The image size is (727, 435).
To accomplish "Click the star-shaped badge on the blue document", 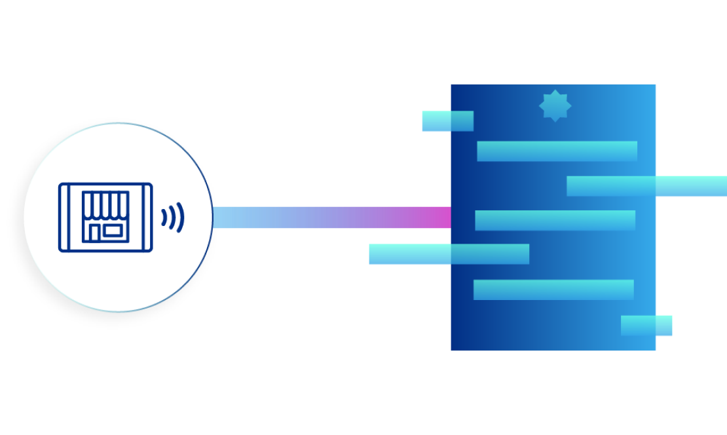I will tap(555, 105).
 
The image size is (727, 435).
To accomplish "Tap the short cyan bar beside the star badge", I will tap(447, 121).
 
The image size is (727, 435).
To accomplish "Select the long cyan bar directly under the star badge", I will tap(557, 151).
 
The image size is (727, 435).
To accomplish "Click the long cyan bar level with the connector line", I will tap(555, 221).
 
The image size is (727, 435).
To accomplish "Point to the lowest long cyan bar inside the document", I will tap(553, 290).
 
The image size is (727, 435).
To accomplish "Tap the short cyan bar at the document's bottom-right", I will tap(646, 326).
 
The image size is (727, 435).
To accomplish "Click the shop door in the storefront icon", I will tap(94, 233).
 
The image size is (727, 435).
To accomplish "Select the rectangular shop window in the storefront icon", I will tap(112, 230).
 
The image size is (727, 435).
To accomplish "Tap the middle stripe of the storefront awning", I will tap(105, 204).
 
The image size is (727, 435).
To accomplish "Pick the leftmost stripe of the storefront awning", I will tap(88, 204).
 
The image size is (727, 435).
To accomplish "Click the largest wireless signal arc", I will tap(180, 217).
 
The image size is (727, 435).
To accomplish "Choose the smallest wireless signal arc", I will tap(164, 217).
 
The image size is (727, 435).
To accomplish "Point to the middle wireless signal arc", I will tap(172, 217).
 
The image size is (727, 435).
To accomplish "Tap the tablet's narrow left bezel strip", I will tap(64, 217).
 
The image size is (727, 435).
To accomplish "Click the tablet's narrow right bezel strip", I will tap(147, 217).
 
